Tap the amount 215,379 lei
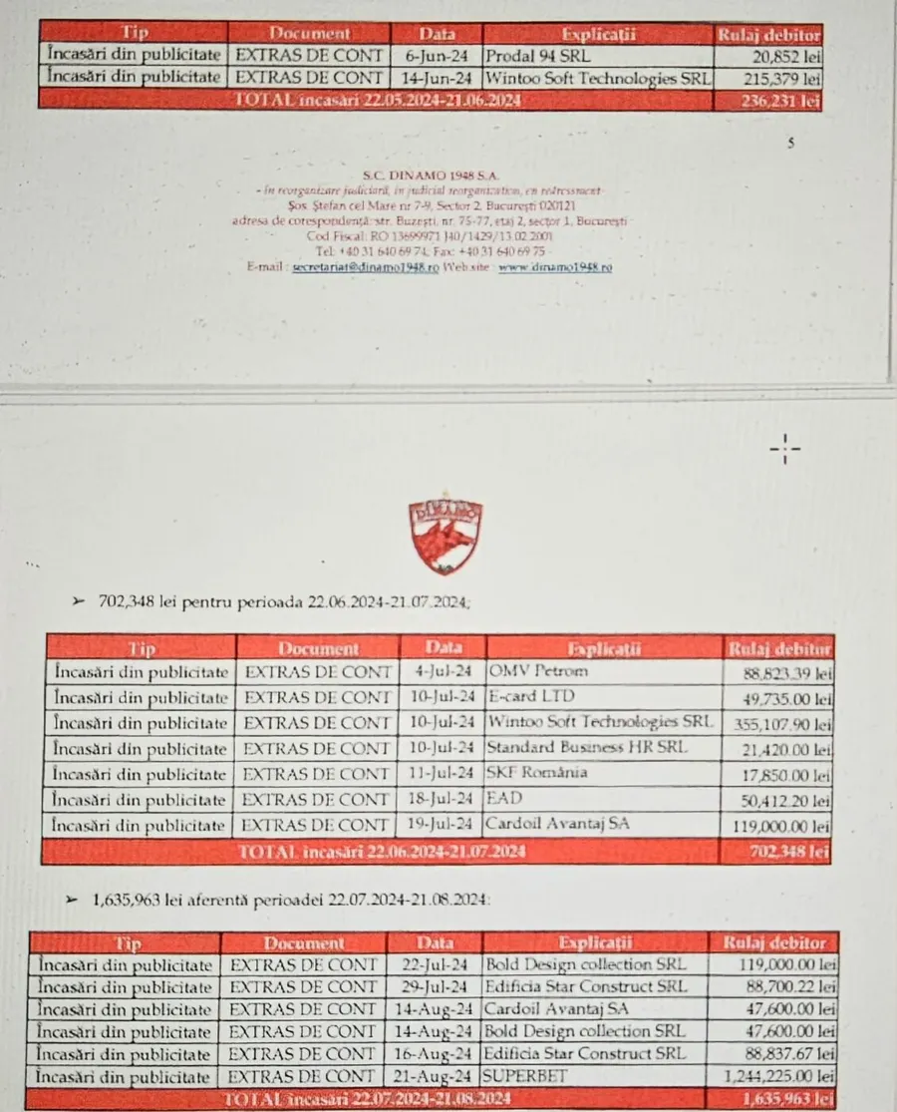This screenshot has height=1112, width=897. click(782, 78)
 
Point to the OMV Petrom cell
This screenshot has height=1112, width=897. click(538, 671)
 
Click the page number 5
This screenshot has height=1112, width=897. click(791, 144)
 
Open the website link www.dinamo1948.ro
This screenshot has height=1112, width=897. click(555, 268)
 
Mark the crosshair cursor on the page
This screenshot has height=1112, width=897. click(785, 451)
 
